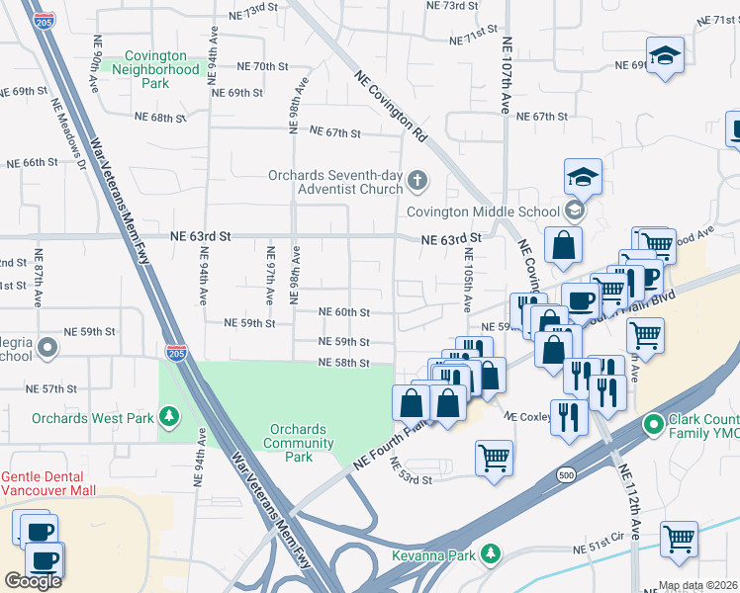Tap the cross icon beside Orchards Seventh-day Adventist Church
(x=418, y=180)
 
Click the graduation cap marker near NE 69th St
(x=666, y=57)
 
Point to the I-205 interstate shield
(x=176, y=353)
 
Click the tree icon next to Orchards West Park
(x=169, y=418)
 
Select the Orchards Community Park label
(x=298, y=442)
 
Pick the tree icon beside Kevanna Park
(x=488, y=554)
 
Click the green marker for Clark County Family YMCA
(x=653, y=426)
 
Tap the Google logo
(x=33, y=581)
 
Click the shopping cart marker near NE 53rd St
(x=494, y=459)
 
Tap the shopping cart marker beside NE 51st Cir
(x=679, y=540)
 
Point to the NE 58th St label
(x=343, y=364)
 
